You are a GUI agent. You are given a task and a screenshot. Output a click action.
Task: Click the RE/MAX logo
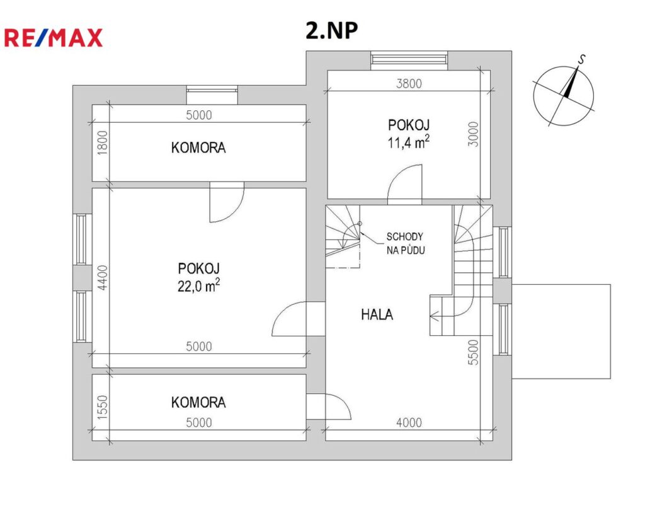pyautogui.click(x=53, y=37)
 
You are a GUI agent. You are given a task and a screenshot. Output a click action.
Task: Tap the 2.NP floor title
pyautogui.click(x=331, y=30)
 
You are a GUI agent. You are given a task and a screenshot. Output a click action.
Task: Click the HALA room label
pyautogui.click(x=377, y=315)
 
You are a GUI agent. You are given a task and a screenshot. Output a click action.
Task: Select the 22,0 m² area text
pyautogui.click(x=198, y=285)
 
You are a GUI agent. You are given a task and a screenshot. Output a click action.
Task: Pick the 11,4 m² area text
pyautogui.click(x=408, y=142)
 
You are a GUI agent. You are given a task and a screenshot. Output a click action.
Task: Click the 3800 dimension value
pyautogui.click(x=409, y=84)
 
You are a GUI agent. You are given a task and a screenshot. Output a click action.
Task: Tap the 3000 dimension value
pyautogui.click(x=474, y=134)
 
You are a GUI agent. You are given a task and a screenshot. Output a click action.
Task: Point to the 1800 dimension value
pyautogui.click(x=103, y=143)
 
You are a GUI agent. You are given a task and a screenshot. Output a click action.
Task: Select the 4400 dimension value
pyautogui.click(x=103, y=277)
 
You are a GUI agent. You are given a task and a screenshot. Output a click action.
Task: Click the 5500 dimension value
pyautogui.click(x=474, y=352)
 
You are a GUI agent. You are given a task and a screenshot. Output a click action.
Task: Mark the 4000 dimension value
pyautogui.click(x=409, y=423)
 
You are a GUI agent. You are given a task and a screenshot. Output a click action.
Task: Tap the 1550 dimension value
pyautogui.click(x=103, y=408)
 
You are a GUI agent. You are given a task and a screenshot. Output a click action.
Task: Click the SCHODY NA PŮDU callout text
pyautogui.click(x=405, y=243)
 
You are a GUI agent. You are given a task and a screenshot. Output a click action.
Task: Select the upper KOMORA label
pyautogui.click(x=198, y=147)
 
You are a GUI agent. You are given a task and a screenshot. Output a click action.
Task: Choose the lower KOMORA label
pyautogui.click(x=198, y=403)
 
